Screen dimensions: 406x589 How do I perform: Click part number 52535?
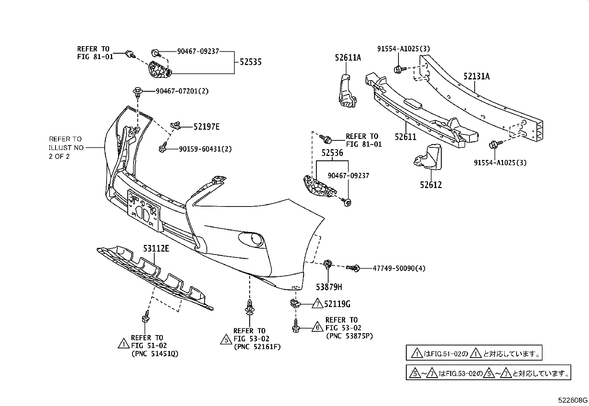250,62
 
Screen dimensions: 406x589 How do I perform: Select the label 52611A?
348,58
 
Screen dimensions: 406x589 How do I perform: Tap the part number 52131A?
476,76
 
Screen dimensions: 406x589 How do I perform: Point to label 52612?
431,185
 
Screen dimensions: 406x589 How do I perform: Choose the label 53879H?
329,287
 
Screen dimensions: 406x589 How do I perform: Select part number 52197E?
206,127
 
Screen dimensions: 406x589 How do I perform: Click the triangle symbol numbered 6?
317,327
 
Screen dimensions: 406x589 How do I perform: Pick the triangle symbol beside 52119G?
318,304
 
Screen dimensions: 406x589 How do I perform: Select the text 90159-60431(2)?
205,149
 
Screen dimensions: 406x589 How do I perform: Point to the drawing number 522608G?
573,400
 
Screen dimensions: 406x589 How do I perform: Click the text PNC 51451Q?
154,354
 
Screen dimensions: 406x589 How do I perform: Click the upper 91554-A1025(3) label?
403,49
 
